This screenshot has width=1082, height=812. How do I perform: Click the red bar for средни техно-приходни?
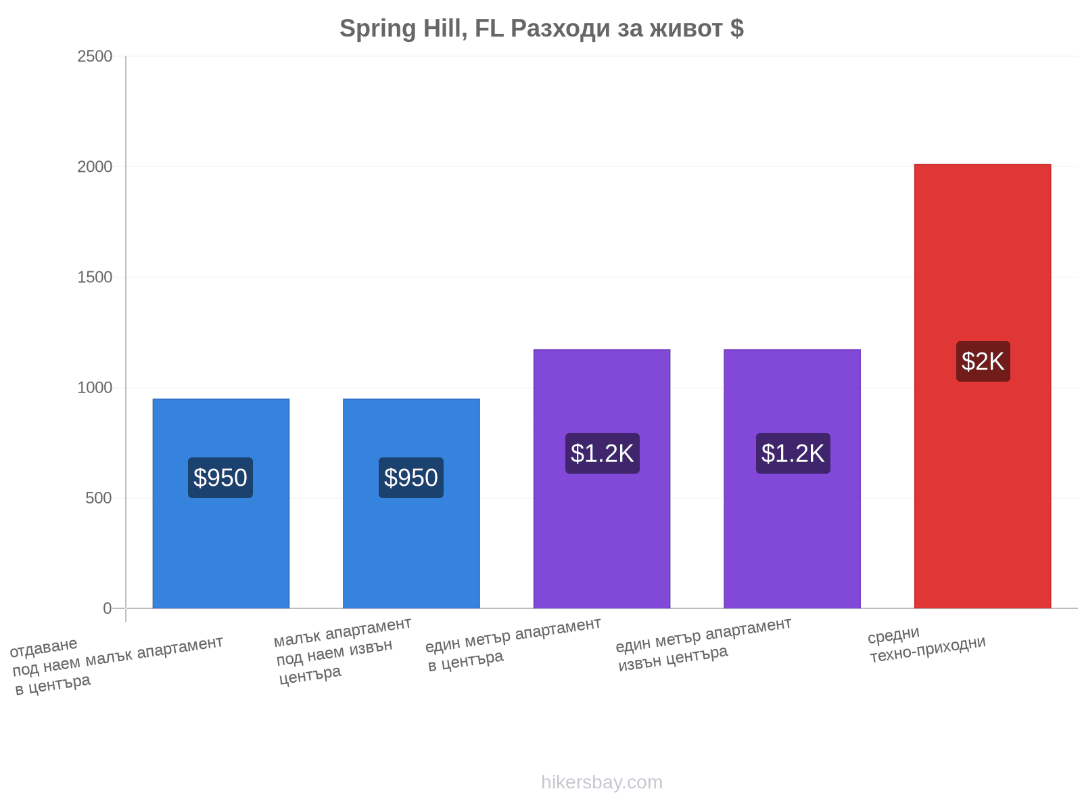[x=982, y=386]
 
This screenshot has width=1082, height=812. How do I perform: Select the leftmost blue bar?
[x=221, y=503]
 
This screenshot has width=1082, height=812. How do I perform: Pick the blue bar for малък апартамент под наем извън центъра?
[x=411, y=503]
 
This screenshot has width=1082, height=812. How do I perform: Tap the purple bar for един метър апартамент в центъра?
[x=601, y=478]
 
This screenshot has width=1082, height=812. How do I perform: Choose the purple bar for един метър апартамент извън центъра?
[x=792, y=478]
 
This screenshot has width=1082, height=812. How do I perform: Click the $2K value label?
[x=983, y=361]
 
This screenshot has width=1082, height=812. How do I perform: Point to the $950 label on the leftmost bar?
[x=220, y=477]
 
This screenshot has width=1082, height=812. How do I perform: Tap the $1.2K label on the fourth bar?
[x=793, y=453]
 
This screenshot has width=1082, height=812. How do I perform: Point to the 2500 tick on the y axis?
[x=95, y=57]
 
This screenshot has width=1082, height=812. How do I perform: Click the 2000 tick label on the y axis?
[x=95, y=167]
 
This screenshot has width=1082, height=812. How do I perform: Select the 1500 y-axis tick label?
[x=95, y=277]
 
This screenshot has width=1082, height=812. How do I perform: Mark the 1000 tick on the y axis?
[x=95, y=388]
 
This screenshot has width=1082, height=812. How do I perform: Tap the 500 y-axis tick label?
[x=99, y=498]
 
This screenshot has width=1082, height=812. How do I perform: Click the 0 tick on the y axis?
[x=108, y=608]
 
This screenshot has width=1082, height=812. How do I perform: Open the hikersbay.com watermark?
[x=601, y=782]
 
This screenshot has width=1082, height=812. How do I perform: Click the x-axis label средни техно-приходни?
[x=926, y=644]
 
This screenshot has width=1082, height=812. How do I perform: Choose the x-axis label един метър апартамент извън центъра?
[x=704, y=644]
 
